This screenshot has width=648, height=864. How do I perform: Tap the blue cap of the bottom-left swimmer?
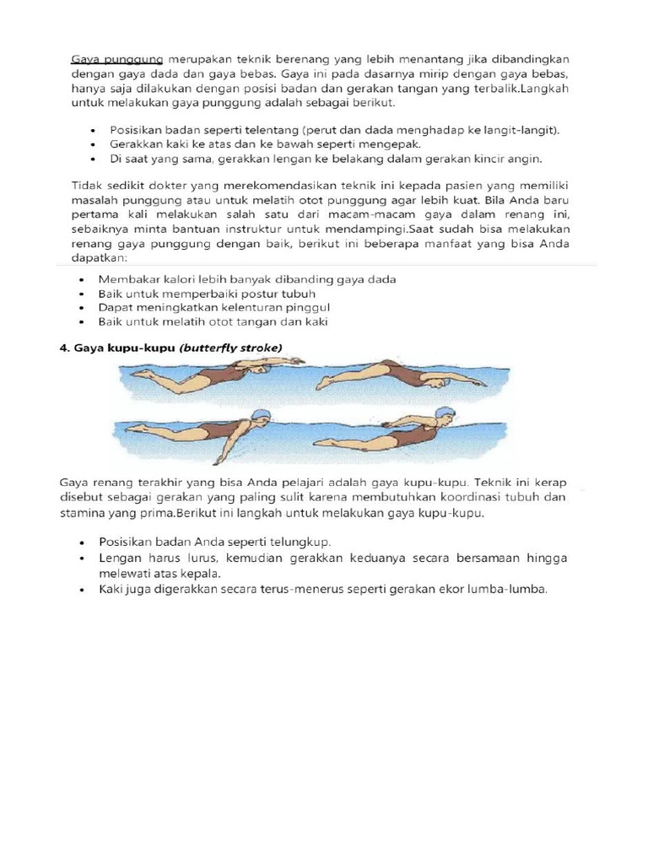(262, 416)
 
